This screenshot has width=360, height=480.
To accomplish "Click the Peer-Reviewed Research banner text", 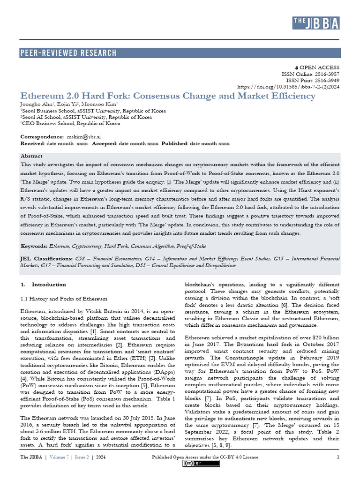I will (68, 53).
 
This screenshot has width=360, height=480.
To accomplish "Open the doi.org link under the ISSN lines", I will (288, 87).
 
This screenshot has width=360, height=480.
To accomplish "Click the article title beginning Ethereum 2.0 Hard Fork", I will (168, 96).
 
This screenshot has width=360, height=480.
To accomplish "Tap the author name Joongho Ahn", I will (36, 104).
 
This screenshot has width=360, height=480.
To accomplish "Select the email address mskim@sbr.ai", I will (76, 136).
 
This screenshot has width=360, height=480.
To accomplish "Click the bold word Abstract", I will (31, 156).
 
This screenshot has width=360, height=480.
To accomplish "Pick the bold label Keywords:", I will (34, 246).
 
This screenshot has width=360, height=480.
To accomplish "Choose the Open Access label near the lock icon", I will (322, 67).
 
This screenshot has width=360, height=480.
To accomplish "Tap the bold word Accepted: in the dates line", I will (106, 143).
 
